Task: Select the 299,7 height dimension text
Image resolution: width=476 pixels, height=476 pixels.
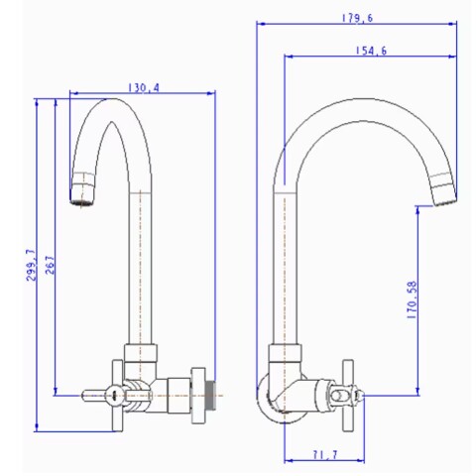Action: tap(33, 266)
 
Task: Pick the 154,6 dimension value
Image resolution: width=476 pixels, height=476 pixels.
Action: tap(368, 51)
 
